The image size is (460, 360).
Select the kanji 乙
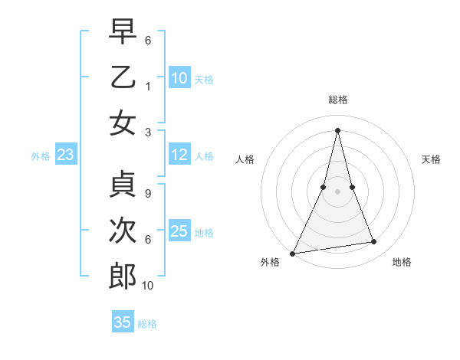tap(123, 77)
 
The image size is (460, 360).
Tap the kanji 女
tap(123, 123)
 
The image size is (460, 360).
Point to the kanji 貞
tap(123, 185)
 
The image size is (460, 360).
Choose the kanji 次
tap(123, 231)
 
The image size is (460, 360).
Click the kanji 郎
tap(123, 277)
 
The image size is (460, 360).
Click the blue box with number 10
tap(179, 77)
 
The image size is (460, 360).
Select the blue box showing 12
tap(179, 155)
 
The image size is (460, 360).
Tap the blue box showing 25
tap(179, 231)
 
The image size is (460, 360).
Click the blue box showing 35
tap(123, 322)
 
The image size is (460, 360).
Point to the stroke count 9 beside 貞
tap(147, 193)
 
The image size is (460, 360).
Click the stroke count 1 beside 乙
tap(147, 87)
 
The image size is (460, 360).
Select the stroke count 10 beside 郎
tap(148, 286)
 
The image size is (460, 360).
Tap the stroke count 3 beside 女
tap(147, 131)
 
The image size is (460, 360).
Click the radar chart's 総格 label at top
tap(337, 100)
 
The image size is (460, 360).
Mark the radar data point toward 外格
tap(292, 253)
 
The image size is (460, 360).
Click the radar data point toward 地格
tap(374, 242)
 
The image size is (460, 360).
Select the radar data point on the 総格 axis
tap(337, 130)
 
